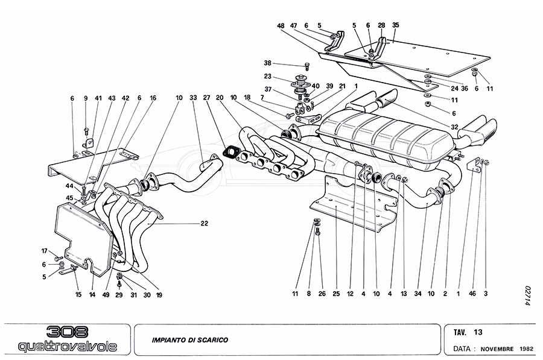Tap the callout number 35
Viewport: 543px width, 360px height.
point(396,25)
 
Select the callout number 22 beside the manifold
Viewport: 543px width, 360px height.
point(205,223)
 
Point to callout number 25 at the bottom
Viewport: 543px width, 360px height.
point(336,294)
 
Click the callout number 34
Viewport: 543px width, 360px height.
point(418,294)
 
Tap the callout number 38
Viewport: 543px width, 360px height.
point(267,63)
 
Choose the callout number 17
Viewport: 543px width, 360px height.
point(44,251)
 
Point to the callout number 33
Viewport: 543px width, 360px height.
point(193,97)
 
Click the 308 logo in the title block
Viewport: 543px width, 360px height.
point(67,332)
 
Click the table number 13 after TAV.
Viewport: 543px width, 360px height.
point(478,331)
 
